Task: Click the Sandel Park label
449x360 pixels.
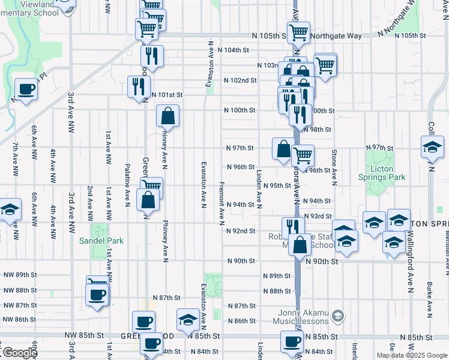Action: pyautogui.click(x=101, y=241)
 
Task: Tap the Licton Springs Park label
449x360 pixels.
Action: pyautogui.click(x=382, y=173)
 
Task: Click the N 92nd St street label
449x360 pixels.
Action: pyautogui.click(x=240, y=231)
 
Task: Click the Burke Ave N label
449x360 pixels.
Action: pyautogui.click(x=429, y=299)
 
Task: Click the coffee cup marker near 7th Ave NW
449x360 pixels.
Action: pyautogui.click(x=26, y=90)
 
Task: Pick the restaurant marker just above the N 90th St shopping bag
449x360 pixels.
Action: pyautogui.click(x=293, y=227)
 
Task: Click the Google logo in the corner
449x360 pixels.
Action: pyautogui.click(x=19, y=353)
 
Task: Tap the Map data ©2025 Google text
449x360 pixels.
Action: pyautogui.click(x=412, y=355)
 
